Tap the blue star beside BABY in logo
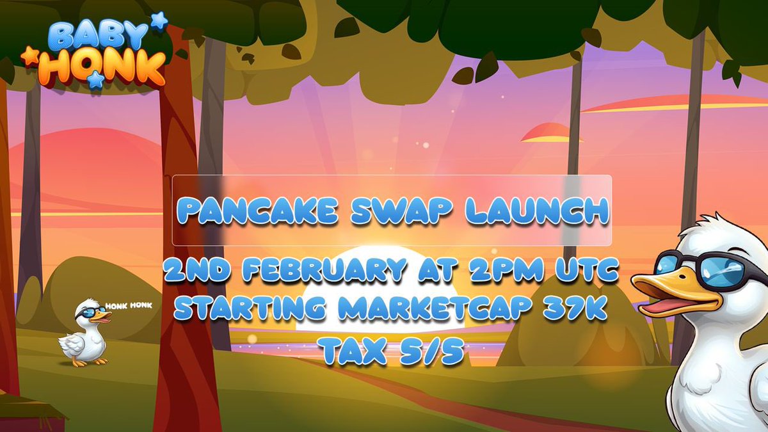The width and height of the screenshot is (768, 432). coord(158,20)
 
